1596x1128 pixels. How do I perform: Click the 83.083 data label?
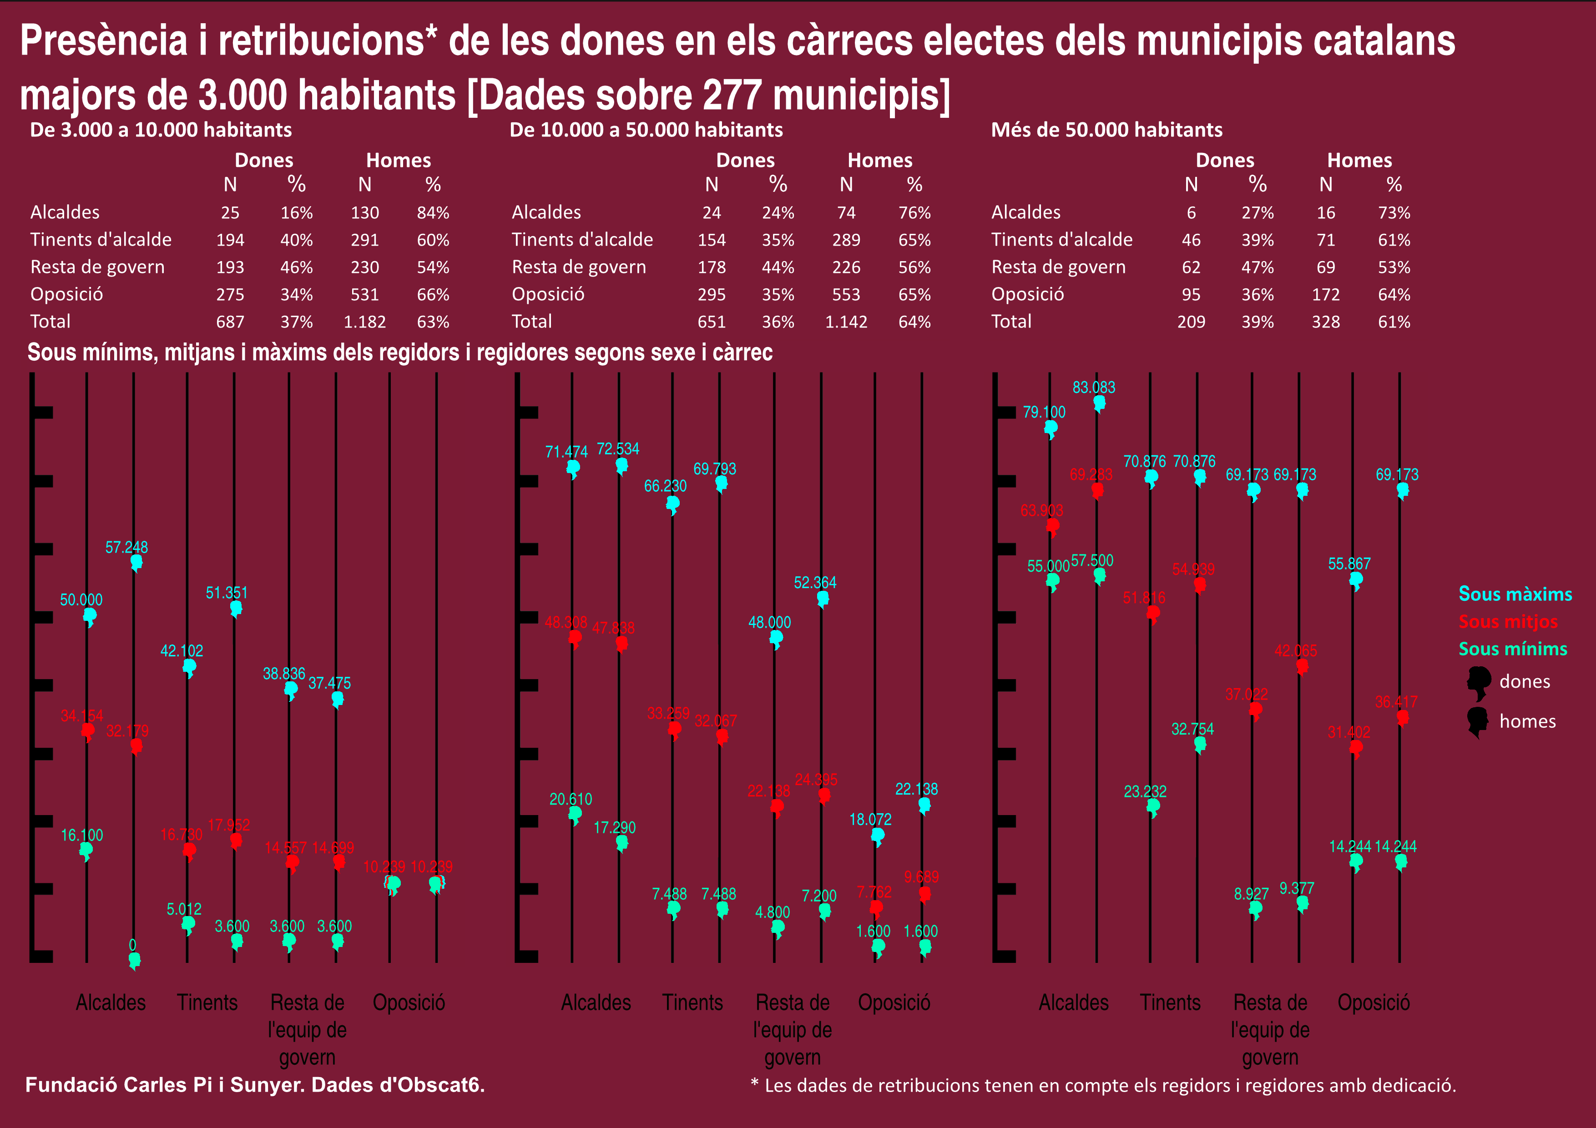point(1093,387)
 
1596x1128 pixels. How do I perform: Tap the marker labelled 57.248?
point(136,562)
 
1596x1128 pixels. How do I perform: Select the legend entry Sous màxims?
point(1515,594)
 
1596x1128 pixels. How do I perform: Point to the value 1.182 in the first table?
point(364,322)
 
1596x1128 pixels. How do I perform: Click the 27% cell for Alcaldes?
point(1258,213)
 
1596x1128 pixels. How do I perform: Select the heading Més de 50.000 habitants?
point(1106,130)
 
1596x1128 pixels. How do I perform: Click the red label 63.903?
point(1041,511)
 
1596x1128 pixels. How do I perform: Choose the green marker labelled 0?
point(134,960)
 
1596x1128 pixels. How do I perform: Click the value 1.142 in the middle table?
point(846,322)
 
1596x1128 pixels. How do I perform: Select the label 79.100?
point(1043,412)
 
